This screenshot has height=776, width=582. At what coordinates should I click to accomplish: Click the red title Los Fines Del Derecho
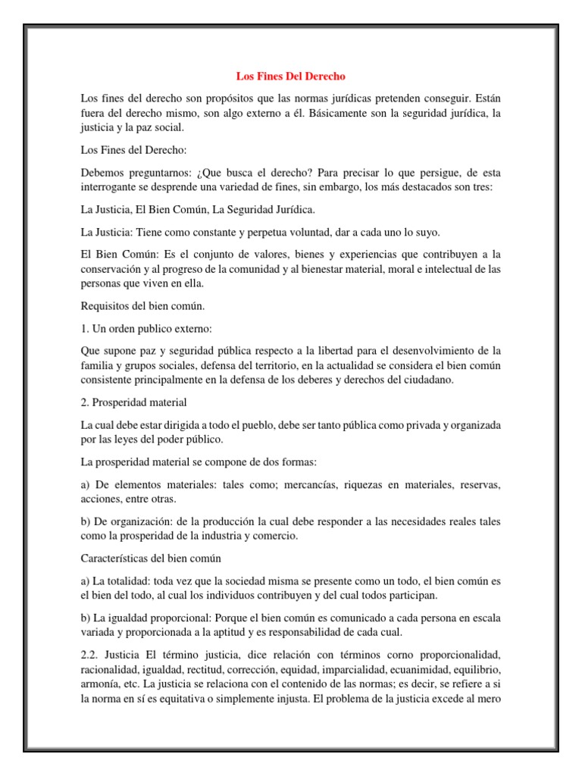(x=291, y=77)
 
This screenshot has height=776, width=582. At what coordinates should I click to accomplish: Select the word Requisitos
(x=106, y=306)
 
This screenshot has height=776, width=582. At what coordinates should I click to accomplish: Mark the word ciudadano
(x=427, y=380)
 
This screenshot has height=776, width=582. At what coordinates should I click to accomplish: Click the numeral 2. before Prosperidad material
(x=84, y=402)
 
